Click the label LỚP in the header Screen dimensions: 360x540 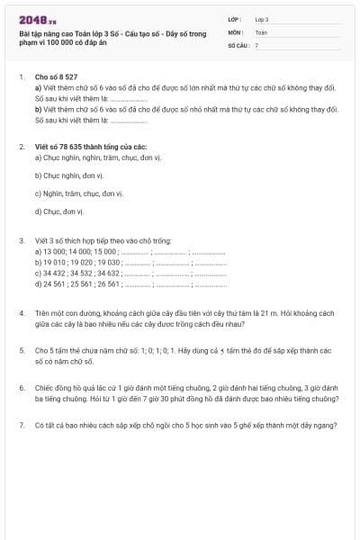(236, 18)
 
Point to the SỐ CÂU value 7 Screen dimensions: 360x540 (256, 44)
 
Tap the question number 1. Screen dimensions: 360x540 (21, 78)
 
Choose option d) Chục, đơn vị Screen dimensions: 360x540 (58, 211)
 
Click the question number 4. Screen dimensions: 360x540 (21, 312)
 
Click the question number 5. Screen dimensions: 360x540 (21, 348)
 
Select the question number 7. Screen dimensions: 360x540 (21, 422)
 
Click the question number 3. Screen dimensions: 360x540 (21, 241)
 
